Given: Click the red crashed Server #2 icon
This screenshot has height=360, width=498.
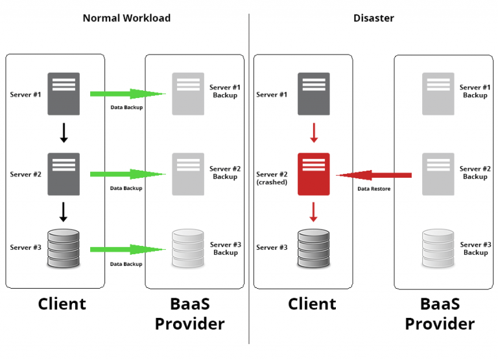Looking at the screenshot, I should pyautogui.click(x=313, y=174).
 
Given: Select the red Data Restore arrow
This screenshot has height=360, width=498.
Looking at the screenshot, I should pyautogui.click(x=374, y=174).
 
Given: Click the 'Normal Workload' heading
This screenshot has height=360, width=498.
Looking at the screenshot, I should pyautogui.click(x=126, y=18).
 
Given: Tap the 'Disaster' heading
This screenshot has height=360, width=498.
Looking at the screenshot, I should pyautogui.click(x=373, y=18).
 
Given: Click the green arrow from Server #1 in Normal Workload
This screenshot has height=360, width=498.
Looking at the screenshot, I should pyautogui.click(x=127, y=94).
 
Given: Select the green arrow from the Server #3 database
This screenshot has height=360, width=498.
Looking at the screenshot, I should pyautogui.click(x=127, y=250).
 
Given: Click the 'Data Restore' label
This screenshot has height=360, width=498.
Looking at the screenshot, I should pyautogui.click(x=374, y=189).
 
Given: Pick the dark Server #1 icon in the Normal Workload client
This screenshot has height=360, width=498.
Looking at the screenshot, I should pyautogui.click(x=64, y=94).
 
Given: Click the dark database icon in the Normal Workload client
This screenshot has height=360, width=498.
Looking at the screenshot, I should pyautogui.click(x=64, y=247).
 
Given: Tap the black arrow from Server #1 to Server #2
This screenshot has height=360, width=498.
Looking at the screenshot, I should pyautogui.click(x=64, y=133).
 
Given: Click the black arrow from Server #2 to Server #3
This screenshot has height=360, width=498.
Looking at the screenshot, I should pyautogui.click(x=64, y=211).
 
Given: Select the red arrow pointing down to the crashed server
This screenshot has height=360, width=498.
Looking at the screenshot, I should pyautogui.click(x=313, y=133).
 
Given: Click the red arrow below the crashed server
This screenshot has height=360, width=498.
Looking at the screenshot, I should pyautogui.click(x=313, y=211).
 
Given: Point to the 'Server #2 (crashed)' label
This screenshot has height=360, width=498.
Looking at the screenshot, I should pyautogui.click(x=272, y=178).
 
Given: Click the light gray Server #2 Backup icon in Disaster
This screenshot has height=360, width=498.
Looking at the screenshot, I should pyautogui.click(x=438, y=174).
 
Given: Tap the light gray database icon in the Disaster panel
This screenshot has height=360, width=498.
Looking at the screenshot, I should pyautogui.click(x=438, y=247).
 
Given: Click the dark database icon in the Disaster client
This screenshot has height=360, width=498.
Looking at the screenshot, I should pyautogui.click(x=313, y=247).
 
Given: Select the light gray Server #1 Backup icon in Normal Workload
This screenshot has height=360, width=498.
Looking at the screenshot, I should pyautogui.click(x=188, y=94).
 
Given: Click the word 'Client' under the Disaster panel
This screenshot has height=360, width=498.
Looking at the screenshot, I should pyautogui.click(x=312, y=304).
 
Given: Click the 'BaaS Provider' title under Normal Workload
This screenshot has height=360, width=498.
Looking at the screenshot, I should pyautogui.click(x=189, y=313).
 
